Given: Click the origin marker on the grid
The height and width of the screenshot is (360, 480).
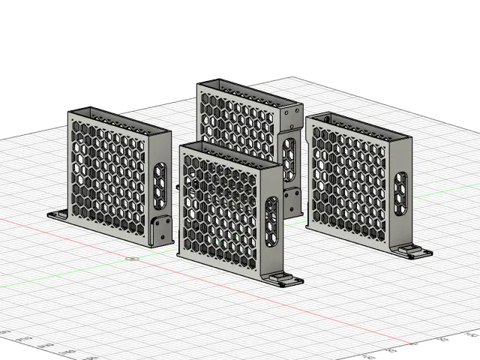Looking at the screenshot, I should click(133, 259).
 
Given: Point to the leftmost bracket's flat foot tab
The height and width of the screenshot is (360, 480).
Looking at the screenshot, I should click(58, 214).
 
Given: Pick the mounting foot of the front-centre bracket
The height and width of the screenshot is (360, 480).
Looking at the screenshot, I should click(284, 280).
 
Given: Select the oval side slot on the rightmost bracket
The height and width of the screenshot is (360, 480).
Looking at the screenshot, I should click(402, 193).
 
